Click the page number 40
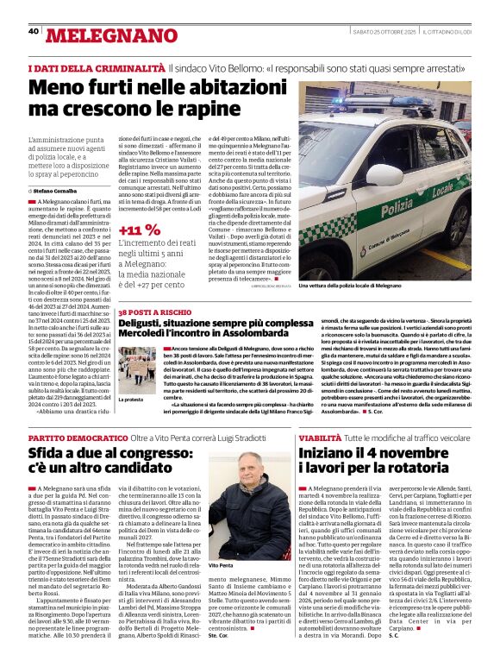[x=34, y=31]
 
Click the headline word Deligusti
[x=149, y=324]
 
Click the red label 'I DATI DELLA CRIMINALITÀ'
[x=96, y=67]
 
